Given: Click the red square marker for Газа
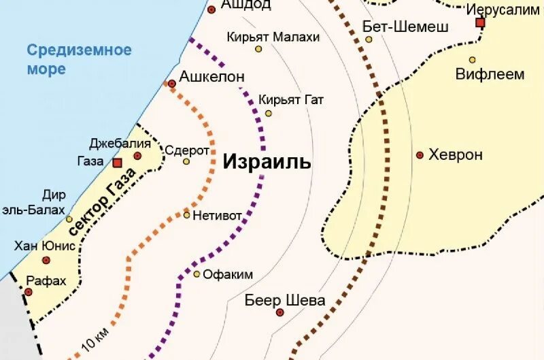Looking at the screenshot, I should coord(117,163).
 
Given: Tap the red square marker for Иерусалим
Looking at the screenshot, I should coord(480,22).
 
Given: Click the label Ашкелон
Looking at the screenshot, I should coord(211,77).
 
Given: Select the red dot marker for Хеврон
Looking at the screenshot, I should coord(420,155).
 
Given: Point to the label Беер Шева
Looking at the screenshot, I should coord(285,300).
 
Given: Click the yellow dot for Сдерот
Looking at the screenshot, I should coord(186,161).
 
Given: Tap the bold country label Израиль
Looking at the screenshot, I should coord(267,162).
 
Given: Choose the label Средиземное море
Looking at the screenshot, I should coord(79,59).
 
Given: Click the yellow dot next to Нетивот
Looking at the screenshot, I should coord(187,215).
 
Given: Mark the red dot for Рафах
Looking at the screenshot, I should coord(29,292).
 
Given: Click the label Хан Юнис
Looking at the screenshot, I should coord(44,246).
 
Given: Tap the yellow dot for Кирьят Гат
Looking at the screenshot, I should coord(268,113).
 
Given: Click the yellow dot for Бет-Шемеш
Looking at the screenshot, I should coord(369,39).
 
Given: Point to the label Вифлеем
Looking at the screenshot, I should coord(480,74).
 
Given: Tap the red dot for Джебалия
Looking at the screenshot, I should coord(138,156).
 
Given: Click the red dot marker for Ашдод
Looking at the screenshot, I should coord(211,10).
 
